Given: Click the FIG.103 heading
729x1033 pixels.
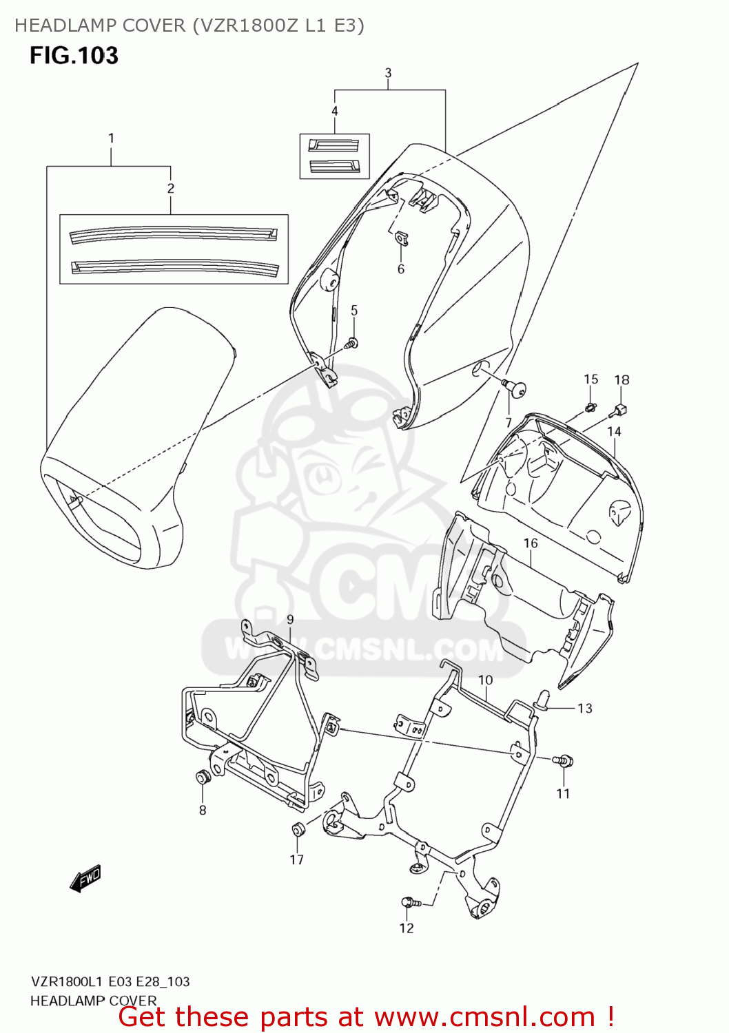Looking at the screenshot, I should [x=74, y=56].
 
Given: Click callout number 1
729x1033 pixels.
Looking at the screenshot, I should [x=111, y=138].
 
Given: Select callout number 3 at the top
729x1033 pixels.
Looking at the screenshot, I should [x=388, y=73].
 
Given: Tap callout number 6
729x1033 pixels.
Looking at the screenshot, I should [x=401, y=269].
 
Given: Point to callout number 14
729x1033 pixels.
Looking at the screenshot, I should [x=614, y=432].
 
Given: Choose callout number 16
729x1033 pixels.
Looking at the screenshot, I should [x=531, y=543].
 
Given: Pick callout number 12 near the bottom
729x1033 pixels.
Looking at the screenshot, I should [x=407, y=928].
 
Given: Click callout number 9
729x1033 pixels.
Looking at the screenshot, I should [x=290, y=620].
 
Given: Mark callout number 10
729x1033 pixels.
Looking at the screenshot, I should [x=486, y=680].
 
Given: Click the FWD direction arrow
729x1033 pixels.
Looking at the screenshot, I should [x=86, y=878].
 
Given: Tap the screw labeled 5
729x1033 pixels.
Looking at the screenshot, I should [x=352, y=342].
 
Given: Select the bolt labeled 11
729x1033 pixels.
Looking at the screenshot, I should [x=564, y=761].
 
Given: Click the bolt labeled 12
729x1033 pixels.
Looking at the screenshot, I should [x=410, y=902].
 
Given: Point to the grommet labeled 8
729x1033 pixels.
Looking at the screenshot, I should [x=203, y=778].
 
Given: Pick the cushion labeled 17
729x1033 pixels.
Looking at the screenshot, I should [x=298, y=828].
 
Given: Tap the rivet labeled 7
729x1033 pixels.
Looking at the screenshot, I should [x=514, y=387].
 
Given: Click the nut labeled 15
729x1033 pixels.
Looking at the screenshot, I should [x=590, y=408].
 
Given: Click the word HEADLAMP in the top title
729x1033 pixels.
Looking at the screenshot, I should [x=57, y=25].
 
